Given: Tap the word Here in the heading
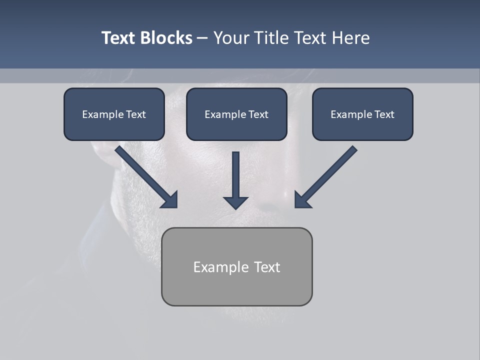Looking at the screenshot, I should (x=350, y=38).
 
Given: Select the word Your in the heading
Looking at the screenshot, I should (x=230, y=38).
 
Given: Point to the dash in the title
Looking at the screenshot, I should (x=202, y=38).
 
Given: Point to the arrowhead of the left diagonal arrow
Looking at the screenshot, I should (x=170, y=200).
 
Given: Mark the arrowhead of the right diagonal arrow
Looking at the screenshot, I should (x=301, y=200).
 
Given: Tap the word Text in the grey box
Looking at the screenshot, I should (x=266, y=267).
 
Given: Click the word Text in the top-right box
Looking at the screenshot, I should (x=384, y=114).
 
